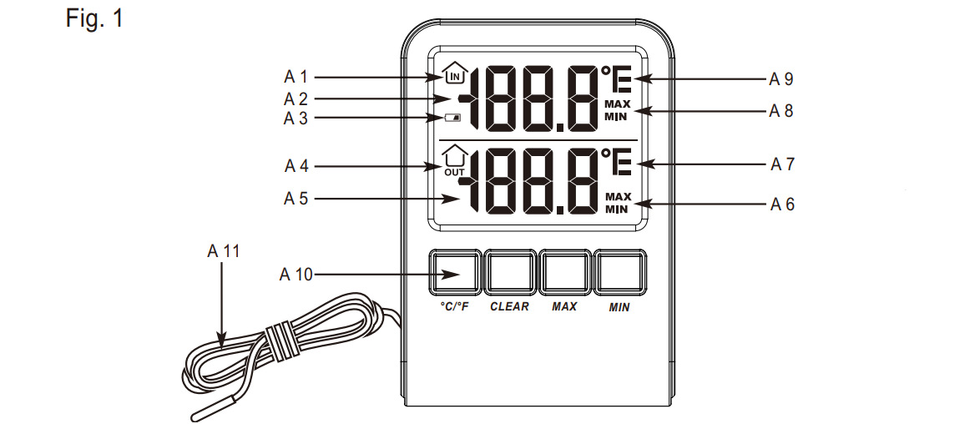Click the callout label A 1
(296, 77)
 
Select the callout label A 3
(296, 118)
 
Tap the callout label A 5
(296, 199)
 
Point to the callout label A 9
(780, 80)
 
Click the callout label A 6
(780, 204)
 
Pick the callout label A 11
(223, 250)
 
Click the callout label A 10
(296, 274)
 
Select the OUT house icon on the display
(453, 159)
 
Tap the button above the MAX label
(565, 272)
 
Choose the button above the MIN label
(619, 272)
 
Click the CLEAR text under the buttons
(509, 307)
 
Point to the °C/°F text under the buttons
(455, 307)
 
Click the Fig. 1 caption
(94, 18)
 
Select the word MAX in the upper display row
(619, 103)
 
